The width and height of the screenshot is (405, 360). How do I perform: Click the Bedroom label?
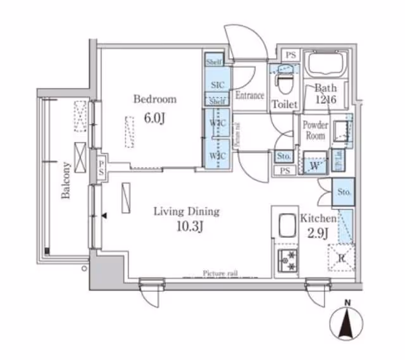click(x=154, y=99)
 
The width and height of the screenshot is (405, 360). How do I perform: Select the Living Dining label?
click(x=186, y=211)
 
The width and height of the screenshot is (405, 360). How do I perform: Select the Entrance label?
click(x=249, y=96)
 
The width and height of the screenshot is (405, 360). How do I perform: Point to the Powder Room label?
click(x=315, y=130)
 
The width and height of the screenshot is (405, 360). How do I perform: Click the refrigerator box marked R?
click(x=341, y=258)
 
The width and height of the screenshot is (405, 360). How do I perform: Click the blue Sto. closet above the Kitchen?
click(x=344, y=192)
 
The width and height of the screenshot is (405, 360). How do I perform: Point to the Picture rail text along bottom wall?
click(x=220, y=273)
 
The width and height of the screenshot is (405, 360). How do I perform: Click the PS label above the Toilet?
click(x=290, y=55)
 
